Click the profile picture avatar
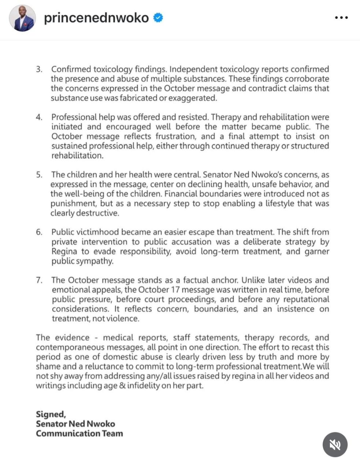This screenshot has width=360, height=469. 22,18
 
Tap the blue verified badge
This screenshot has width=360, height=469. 158,18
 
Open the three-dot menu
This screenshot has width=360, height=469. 341,18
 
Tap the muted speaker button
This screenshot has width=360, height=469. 335,444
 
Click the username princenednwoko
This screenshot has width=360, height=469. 96,18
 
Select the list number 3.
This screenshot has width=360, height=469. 39,69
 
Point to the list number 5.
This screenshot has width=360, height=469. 39,175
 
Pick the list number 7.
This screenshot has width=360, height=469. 39,280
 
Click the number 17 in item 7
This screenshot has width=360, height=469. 175,290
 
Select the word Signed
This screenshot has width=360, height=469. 51,414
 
